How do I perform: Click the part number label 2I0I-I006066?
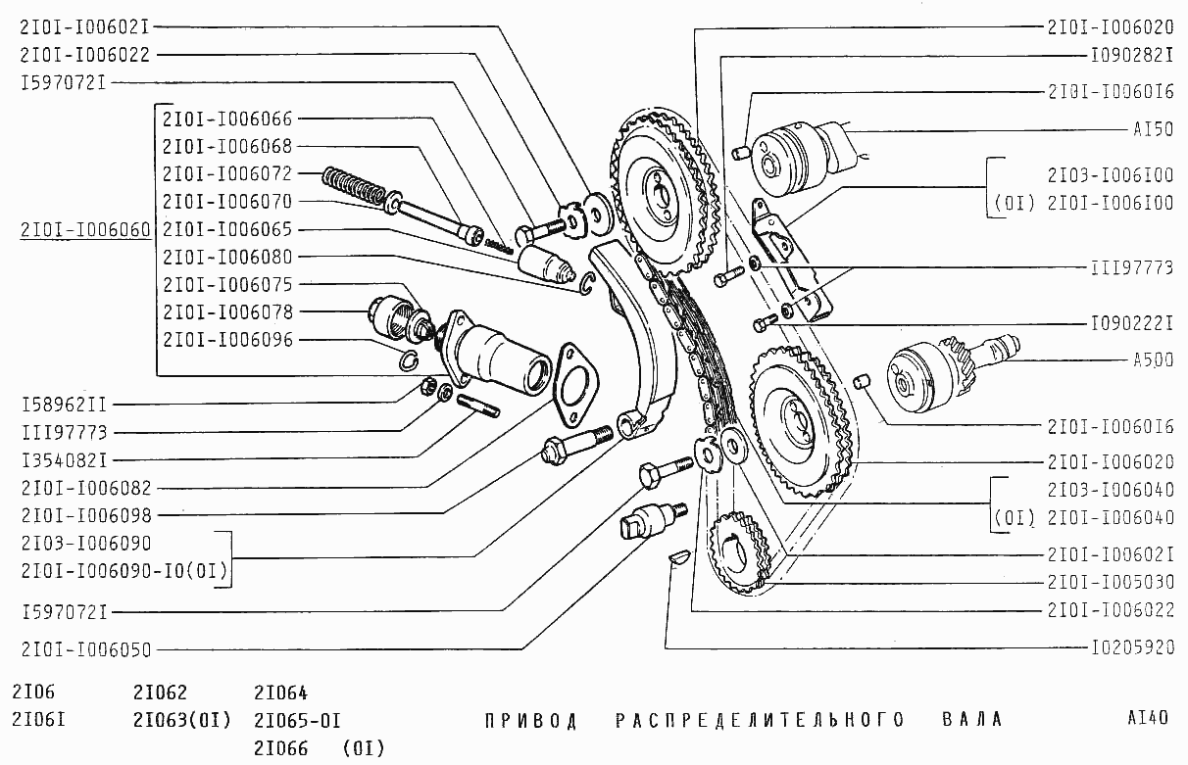point(227,120)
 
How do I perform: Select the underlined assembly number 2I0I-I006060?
point(85,230)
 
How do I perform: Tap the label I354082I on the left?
point(64,460)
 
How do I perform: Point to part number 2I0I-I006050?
point(86,650)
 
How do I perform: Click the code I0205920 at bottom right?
point(1132,647)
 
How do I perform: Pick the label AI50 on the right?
point(1154,129)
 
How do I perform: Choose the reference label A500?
point(1154,360)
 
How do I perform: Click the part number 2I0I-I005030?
point(1111,582)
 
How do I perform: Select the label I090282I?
point(1132,55)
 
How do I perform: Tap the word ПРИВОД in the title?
point(531,721)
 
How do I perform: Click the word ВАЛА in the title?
point(972,719)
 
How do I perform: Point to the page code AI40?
point(1148,718)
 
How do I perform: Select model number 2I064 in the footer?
point(280,693)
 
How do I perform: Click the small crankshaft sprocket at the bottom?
point(739,553)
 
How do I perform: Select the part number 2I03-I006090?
point(86,544)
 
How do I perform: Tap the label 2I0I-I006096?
point(227,340)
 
